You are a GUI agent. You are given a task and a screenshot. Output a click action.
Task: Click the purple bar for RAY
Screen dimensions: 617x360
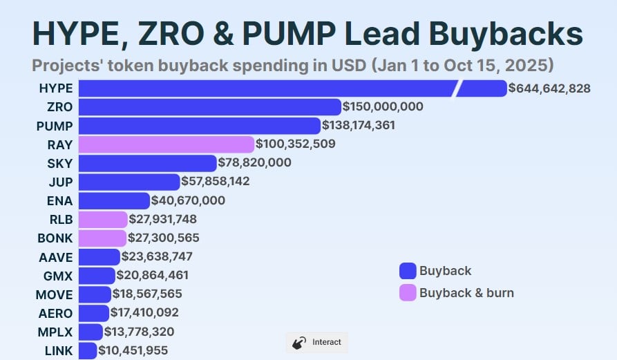point(167,144)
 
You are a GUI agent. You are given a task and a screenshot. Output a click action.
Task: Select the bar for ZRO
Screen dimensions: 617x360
point(210,107)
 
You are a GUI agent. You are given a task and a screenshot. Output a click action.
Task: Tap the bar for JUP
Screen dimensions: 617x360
point(129,182)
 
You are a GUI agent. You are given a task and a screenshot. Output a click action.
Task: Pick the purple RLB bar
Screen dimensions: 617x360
point(103,220)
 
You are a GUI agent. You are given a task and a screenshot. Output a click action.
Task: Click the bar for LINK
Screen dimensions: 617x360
point(88,350)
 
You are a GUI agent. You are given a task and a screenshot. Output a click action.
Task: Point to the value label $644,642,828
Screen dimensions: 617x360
point(549,88)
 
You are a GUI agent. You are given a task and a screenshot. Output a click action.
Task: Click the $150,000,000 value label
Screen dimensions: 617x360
point(383,106)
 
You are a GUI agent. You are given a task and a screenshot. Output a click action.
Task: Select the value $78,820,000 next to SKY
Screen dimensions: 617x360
point(254,162)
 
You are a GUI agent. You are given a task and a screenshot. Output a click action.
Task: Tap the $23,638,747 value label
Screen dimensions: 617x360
point(157,256)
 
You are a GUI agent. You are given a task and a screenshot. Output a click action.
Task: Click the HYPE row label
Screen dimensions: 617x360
point(56,88)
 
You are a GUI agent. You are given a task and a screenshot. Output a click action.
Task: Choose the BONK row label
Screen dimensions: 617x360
point(55,238)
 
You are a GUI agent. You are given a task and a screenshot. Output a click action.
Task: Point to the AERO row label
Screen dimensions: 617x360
point(55,313)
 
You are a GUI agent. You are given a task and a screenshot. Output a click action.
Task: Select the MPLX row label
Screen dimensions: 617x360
point(55,332)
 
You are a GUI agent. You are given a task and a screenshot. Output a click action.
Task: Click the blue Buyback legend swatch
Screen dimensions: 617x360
point(408,271)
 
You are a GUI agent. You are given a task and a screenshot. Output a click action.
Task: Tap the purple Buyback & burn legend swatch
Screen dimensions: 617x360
point(408,293)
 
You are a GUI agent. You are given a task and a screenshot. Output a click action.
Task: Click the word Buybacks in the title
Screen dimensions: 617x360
point(506,33)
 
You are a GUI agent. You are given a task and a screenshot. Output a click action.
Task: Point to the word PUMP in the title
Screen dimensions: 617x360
point(289,33)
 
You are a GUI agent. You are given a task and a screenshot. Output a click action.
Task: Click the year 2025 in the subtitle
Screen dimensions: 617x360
point(527,66)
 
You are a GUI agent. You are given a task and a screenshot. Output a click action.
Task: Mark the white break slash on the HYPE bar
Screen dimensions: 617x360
point(457,88)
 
